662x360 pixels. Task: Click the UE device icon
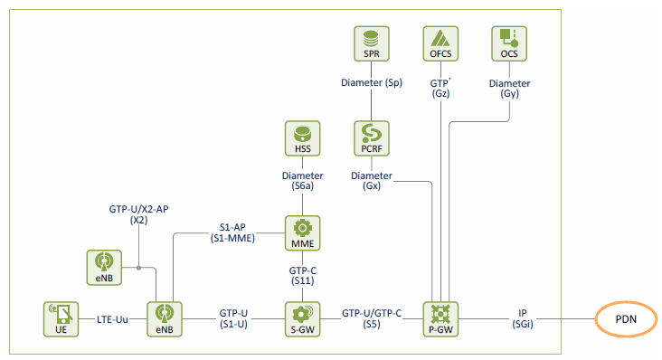coord(61,319)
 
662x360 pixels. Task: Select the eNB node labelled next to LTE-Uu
coord(165,319)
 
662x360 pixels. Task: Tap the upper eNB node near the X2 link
coord(104,268)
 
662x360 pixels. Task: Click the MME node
coord(302,233)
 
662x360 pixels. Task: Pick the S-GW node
coord(302,319)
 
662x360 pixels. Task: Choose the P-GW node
coord(440,319)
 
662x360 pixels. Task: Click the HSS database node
coord(302,138)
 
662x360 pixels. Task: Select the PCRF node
coord(372,138)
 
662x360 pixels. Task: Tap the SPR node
coord(372,44)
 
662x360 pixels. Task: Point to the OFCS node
coord(440,44)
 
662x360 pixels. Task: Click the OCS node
coord(509,44)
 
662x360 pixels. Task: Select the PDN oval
coord(626,319)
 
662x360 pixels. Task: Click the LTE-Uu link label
coord(112,319)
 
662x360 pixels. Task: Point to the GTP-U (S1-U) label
coord(233,318)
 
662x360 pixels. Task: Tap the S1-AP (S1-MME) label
coord(232,233)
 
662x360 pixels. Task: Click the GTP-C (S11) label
coord(303,276)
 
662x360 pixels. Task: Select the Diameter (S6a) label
coord(302,181)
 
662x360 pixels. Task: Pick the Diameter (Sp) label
coord(372,82)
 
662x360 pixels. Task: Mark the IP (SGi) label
coord(523,318)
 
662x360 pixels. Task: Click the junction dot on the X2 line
coord(138,268)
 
